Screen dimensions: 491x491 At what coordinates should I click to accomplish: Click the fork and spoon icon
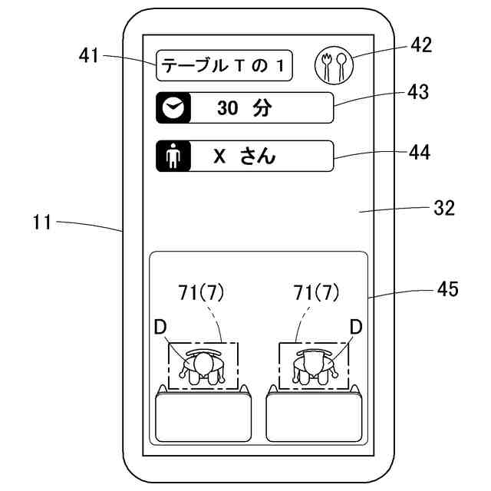pos(334,66)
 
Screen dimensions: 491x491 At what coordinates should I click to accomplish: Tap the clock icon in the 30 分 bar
pos(173,107)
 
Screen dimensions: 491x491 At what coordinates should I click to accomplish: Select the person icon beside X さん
pos(173,156)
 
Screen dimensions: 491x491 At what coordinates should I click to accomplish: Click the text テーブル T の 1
pos(222,66)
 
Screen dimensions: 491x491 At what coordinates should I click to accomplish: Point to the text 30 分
pos(245,108)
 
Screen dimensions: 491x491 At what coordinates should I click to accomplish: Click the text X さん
pos(244,156)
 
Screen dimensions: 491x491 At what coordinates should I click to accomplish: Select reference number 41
pos(89,56)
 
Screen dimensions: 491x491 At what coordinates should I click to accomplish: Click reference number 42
pos(421,44)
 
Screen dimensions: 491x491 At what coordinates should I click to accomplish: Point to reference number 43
pos(418,92)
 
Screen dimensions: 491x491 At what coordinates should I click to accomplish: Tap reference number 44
pos(420,153)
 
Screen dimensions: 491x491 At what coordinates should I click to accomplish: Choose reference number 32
pos(444,208)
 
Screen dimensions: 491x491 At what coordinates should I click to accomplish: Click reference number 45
pos(448,288)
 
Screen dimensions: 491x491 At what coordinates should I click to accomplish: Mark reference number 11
pos(41,222)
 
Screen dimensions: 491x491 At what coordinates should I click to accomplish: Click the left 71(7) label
pos(201,293)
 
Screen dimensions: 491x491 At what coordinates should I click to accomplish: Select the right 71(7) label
pos(316,293)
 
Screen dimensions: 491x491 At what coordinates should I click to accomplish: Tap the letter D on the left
pos(160,328)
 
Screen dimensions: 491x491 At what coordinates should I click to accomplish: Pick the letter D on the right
pos(356,328)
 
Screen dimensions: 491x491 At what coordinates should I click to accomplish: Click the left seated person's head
pos(203,364)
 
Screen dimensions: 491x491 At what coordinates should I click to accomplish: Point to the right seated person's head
pos(313,363)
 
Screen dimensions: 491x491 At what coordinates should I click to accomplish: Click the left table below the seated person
pos(203,417)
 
